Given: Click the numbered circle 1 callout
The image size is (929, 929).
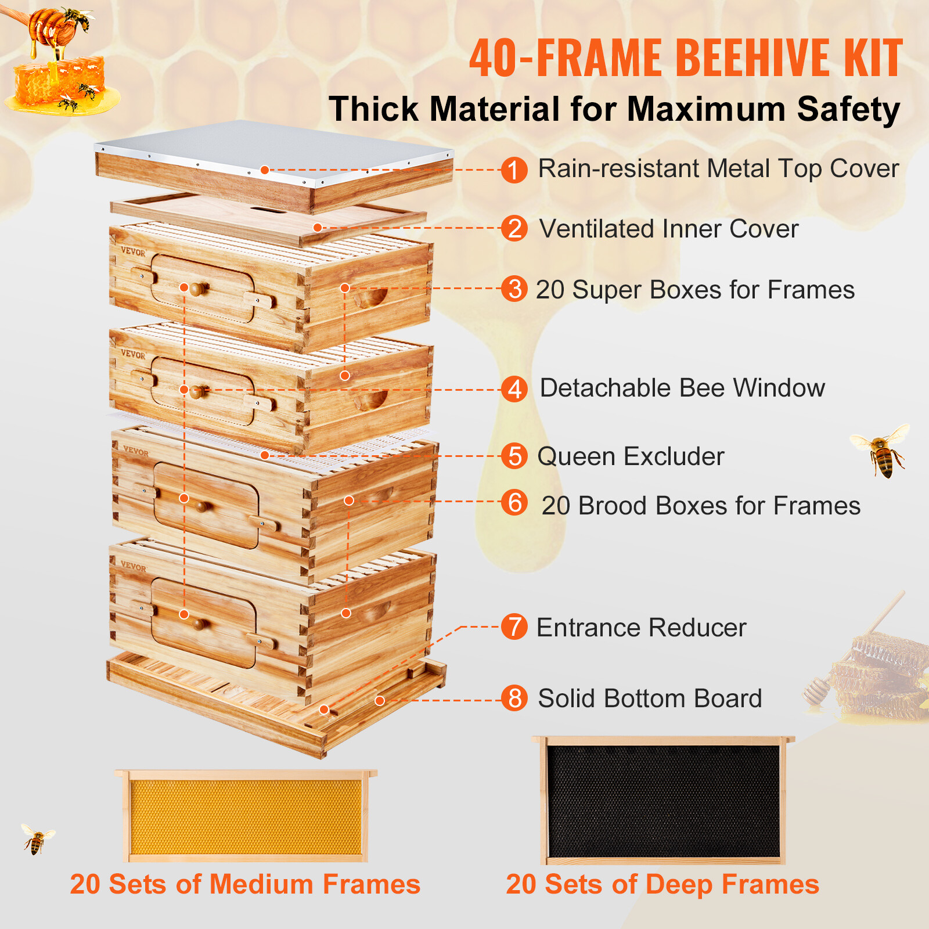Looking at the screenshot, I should [514, 170].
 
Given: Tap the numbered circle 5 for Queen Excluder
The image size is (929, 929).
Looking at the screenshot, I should [514, 456].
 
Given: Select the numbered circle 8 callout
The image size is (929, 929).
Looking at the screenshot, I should [514, 698].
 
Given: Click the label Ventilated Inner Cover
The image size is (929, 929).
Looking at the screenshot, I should [668, 229].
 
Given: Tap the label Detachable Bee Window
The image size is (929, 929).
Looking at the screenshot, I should [682, 388].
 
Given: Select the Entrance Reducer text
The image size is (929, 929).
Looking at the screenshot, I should [641, 628].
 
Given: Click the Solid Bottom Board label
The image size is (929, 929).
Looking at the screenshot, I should [649, 698].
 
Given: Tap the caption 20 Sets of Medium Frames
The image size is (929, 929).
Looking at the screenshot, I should [245, 884].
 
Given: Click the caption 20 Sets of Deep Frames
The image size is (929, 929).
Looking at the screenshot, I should [662, 884].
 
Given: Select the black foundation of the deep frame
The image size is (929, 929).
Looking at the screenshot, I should [663, 801].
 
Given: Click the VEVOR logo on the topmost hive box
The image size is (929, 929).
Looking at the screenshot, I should [133, 252].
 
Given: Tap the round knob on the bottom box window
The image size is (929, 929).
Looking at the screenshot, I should [200, 624].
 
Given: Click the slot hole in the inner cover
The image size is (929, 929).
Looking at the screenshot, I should [268, 208].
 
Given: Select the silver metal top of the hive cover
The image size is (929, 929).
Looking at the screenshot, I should [273, 145].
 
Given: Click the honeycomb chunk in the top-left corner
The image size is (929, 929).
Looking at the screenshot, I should [58, 84].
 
